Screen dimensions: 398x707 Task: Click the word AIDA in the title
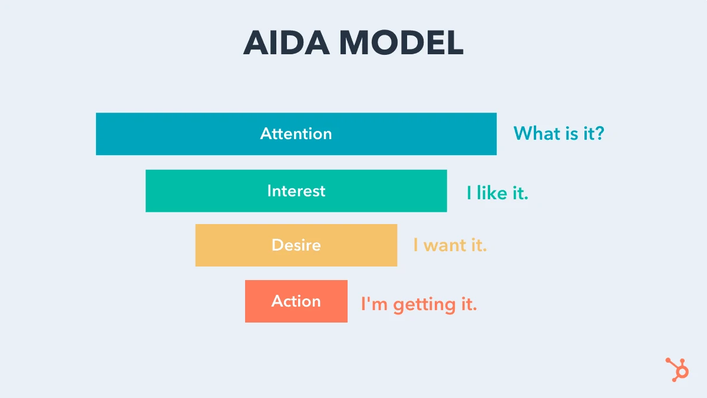(x=285, y=42)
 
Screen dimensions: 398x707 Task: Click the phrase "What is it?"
(x=559, y=133)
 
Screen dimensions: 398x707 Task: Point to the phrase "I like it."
(x=497, y=193)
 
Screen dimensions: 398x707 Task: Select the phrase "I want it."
(x=450, y=245)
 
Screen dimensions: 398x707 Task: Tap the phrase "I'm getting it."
(x=418, y=304)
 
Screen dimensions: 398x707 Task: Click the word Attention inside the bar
(x=296, y=134)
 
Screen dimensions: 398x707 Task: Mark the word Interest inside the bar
(x=296, y=191)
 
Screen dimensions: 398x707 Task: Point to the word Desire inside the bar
(x=296, y=245)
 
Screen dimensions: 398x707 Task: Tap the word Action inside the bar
(x=296, y=301)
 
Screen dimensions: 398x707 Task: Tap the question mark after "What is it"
(x=599, y=133)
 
